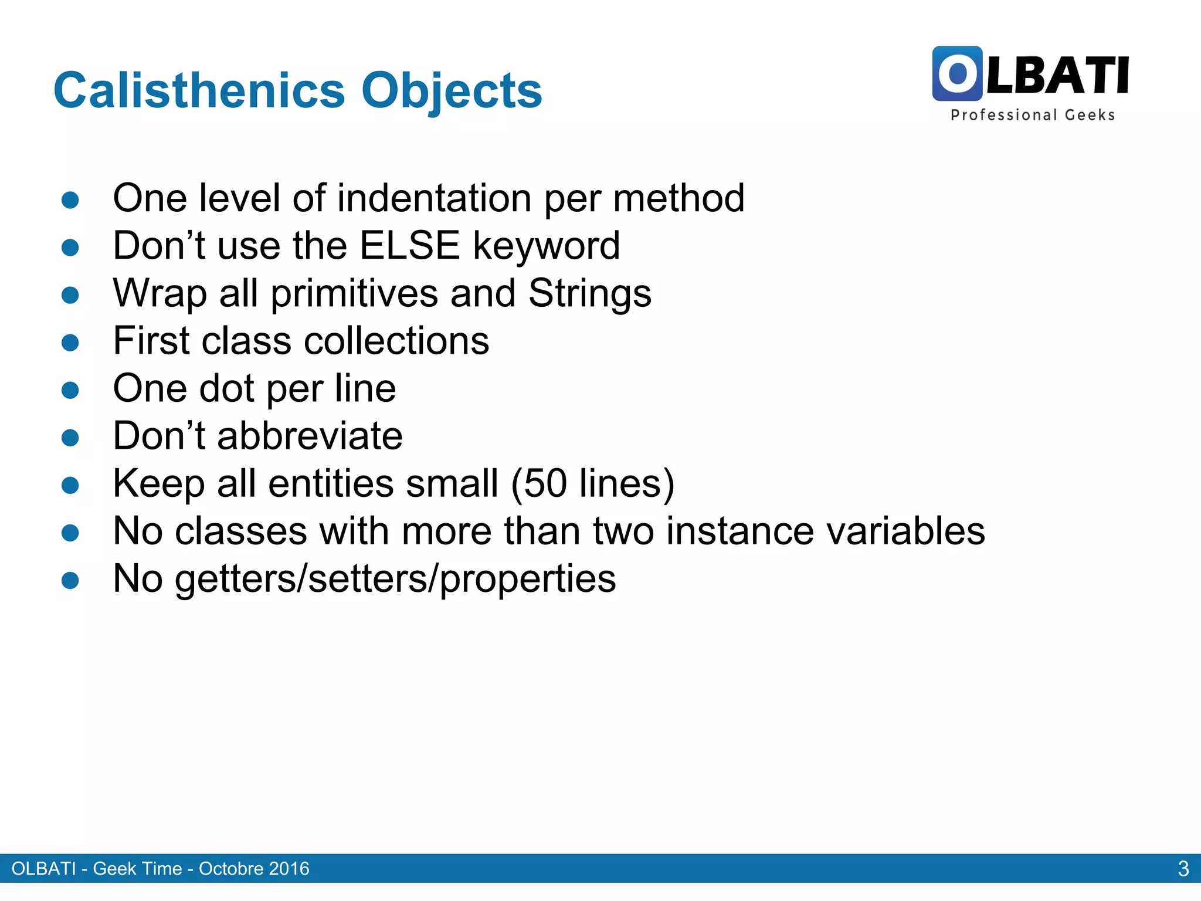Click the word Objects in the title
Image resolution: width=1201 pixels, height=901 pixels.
452,92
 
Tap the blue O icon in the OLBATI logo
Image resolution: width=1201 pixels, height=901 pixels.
957,74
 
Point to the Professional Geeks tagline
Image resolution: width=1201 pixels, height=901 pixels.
1032,115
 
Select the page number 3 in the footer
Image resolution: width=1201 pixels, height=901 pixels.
1183,869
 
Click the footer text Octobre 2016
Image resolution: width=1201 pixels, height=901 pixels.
254,869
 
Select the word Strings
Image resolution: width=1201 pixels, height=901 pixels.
589,293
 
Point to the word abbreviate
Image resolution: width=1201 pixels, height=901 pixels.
310,436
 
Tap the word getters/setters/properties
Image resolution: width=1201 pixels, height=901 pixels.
395,579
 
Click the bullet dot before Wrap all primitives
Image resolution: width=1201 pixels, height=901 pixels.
70,294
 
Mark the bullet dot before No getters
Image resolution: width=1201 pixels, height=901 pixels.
70,580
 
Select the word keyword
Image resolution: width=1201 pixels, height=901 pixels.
546,246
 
